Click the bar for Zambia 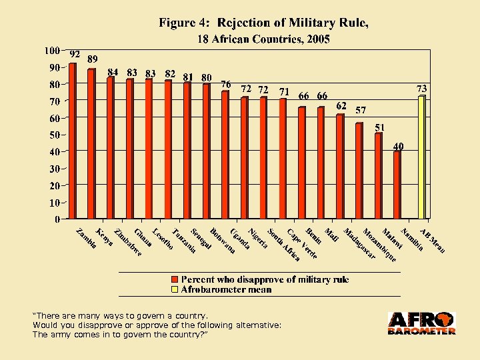click(x=73, y=141)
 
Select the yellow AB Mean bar click(x=421, y=157)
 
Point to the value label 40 click(x=398, y=146)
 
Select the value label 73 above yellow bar click(x=421, y=89)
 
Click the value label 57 click(x=360, y=109)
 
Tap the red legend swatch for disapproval click(x=175, y=279)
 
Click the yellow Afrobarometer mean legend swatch click(x=175, y=289)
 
